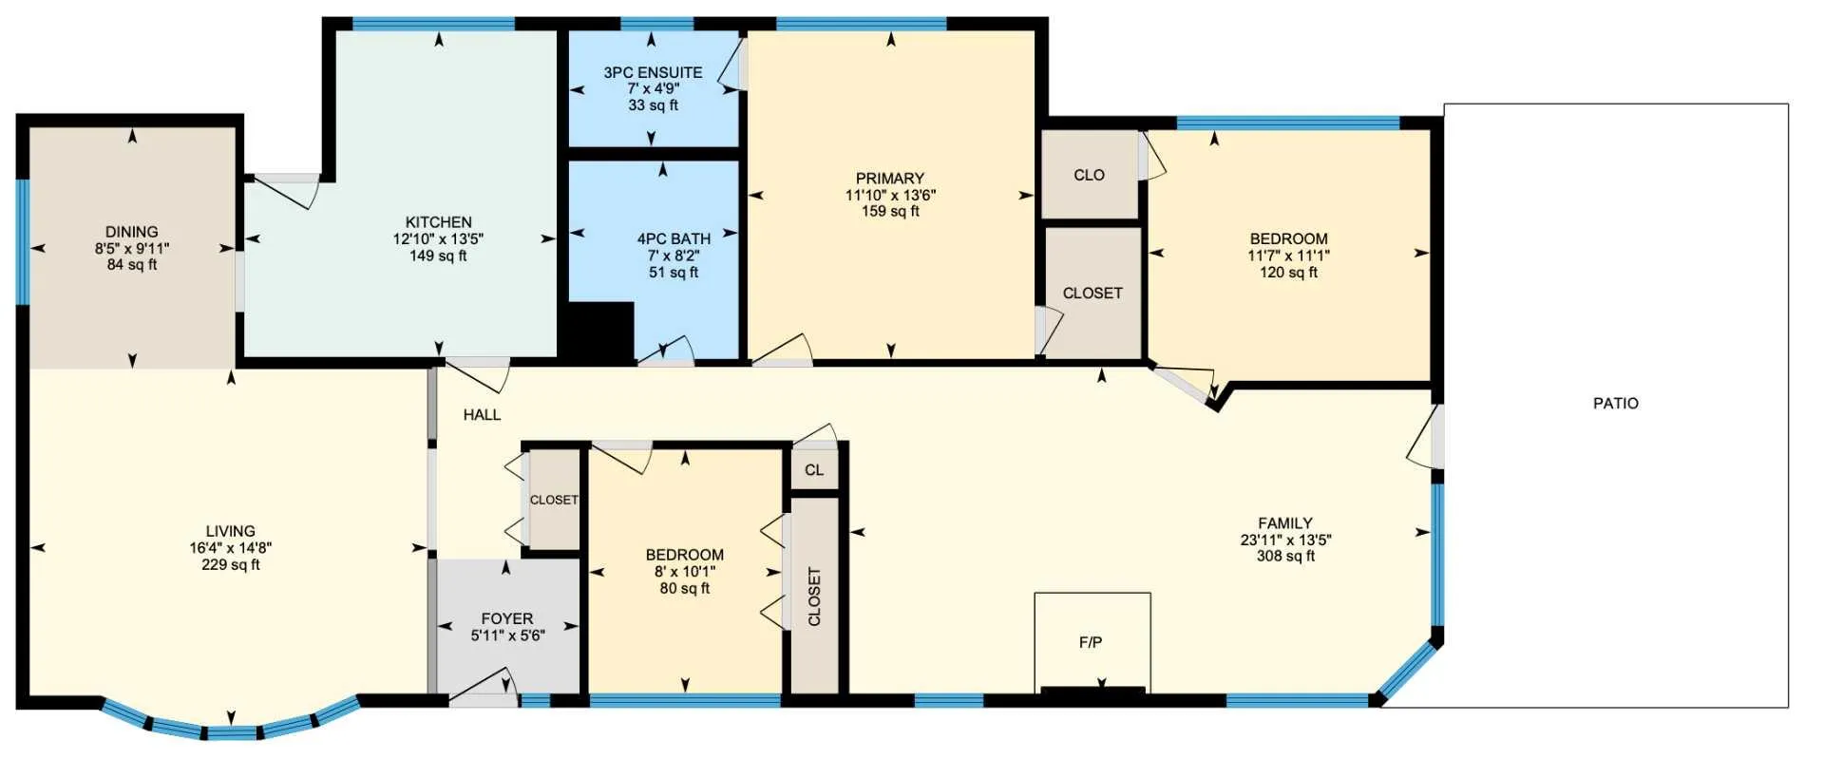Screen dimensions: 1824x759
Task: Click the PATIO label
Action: pos(1615,403)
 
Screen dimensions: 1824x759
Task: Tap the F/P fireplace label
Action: pos(1091,642)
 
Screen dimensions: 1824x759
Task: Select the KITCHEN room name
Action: pos(438,222)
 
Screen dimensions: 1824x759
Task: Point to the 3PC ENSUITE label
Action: pos(653,72)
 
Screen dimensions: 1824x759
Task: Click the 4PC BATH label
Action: pos(674,239)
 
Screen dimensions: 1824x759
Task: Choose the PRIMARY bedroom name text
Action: pos(889,179)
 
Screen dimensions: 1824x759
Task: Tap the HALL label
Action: pos(482,414)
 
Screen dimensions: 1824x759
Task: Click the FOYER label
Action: pos(507,618)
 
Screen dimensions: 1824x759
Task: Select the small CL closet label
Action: pos(814,470)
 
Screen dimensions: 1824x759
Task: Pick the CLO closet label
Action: pos(1089,175)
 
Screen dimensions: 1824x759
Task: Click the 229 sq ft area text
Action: pos(230,564)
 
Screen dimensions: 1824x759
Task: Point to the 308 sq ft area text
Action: pos(1285,556)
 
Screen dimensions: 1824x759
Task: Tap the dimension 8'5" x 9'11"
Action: pos(132,249)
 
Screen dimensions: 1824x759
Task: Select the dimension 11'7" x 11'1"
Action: pos(1288,256)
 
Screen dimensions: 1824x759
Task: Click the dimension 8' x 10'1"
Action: pos(684,572)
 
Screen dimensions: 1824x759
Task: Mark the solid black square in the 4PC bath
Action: pos(601,332)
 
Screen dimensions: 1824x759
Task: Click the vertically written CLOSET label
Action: pos(814,597)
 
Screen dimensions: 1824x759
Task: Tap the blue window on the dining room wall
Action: pos(23,241)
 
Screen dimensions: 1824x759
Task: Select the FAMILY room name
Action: pos(1285,523)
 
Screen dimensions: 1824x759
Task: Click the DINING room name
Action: pos(132,232)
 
